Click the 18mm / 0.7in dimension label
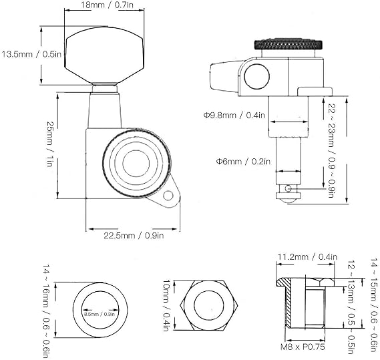tap(107, 5)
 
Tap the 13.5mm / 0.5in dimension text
tap(31, 54)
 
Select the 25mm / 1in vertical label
tap(49, 144)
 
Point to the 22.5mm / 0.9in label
tap(134, 235)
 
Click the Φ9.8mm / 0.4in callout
tap(234, 115)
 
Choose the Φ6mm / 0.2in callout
tap(243, 162)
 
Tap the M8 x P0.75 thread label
tap(303, 347)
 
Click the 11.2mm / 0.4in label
tap(307, 256)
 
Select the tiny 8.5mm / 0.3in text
tap(100, 314)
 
